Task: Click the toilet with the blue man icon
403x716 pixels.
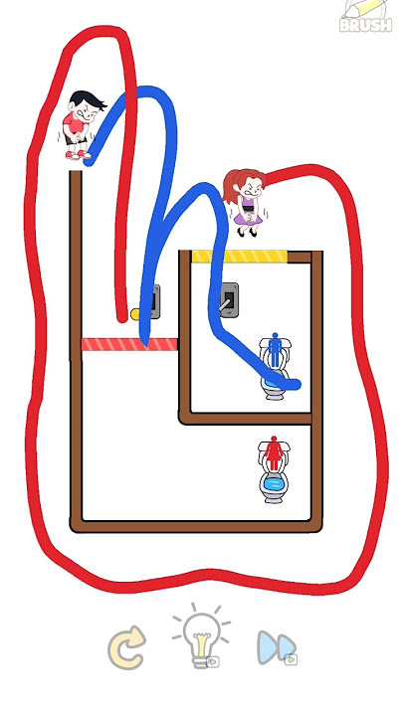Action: point(275,368)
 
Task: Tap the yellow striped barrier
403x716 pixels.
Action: point(240,257)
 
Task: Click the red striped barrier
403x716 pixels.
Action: point(129,344)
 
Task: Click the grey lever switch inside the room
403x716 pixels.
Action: point(229,299)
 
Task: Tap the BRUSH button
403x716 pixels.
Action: point(366,17)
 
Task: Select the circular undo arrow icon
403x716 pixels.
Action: point(127,647)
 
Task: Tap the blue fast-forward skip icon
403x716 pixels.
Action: point(277,647)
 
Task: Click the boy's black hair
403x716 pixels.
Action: point(87,100)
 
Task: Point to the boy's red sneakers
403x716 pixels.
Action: point(79,155)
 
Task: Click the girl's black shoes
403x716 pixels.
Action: point(247,233)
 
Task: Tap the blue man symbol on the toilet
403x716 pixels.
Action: point(275,350)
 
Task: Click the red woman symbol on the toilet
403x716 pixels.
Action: point(274,452)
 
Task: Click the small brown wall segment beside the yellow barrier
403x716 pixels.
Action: point(300,257)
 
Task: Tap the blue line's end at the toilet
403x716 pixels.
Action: point(297,385)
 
